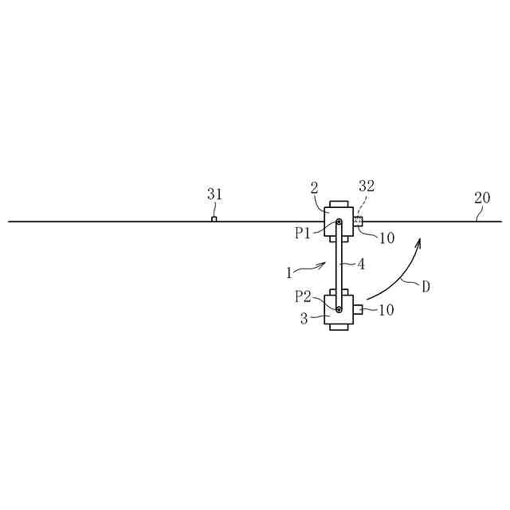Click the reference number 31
215,194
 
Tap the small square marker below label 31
214,219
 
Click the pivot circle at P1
339,222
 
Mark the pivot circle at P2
339,309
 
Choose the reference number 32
367,186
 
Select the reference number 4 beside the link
361,265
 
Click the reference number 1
288,273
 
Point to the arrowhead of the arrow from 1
324,264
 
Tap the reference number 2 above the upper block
315,188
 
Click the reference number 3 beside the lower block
304,320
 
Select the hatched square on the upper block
359,222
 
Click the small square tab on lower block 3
359,309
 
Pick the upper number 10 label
386,237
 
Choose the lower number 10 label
386,310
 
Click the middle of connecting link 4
339,265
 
